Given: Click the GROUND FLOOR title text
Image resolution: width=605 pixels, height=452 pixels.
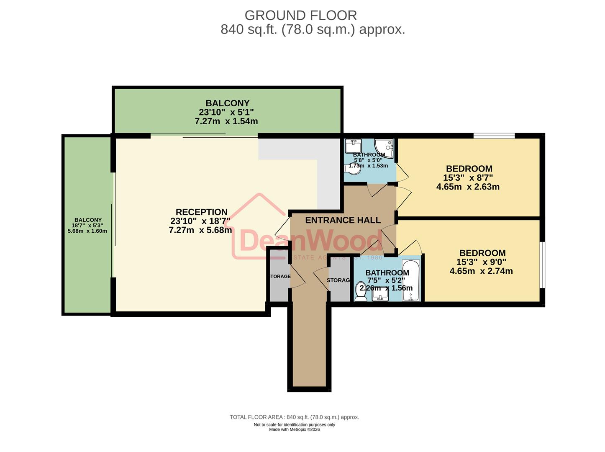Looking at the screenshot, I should (x=300, y=15).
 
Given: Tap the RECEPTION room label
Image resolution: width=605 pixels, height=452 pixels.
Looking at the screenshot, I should (x=201, y=212).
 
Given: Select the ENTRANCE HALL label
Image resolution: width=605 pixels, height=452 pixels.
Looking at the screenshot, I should (x=343, y=220).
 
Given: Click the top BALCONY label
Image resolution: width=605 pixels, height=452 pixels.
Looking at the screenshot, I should (x=227, y=103).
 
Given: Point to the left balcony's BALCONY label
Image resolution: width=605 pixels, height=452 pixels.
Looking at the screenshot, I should (x=88, y=220).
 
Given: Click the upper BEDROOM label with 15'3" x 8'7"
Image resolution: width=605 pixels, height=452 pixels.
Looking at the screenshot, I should (x=469, y=169).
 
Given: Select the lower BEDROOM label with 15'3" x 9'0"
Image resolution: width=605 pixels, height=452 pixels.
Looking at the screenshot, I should (x=482, y=253).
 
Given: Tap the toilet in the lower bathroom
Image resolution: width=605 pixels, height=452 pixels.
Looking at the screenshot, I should (x=360, y=292).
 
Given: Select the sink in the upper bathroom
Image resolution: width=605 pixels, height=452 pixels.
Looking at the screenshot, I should (x=352, y=146).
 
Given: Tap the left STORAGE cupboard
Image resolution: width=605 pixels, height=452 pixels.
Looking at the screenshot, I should (x=279, y=276).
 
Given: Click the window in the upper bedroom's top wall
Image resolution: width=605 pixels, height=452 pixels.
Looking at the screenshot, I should (x=494, y=136).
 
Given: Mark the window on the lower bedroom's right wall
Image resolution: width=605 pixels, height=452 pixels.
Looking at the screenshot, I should (x=542, y=265).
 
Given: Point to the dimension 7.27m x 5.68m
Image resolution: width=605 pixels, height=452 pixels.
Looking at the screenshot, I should (x=200, y=230).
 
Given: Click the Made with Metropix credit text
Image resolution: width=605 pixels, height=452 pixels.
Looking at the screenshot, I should (x=294, y=429).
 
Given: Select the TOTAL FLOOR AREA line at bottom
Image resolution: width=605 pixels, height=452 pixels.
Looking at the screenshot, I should (x=294, y=417).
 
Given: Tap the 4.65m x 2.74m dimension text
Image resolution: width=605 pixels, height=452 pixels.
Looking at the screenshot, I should (x=481, y=271).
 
